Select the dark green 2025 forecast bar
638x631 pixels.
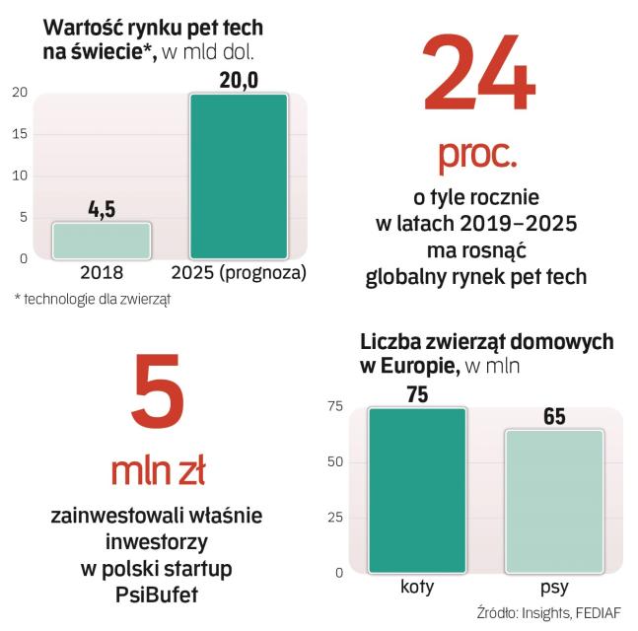(x=238, y=176)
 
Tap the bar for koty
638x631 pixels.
(x=416, y=490)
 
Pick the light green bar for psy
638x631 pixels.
(x=554, y=501)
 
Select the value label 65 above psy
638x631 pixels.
(x=554, y=417)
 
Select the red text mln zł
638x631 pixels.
(x=158, y=472)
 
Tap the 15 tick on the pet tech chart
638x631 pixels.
(x=20, y=134)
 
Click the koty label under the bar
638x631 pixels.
(x=416, y=588)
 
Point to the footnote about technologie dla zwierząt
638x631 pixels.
(x=93, y=298)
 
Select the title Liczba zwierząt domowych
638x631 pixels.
(x=486, y=342)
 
